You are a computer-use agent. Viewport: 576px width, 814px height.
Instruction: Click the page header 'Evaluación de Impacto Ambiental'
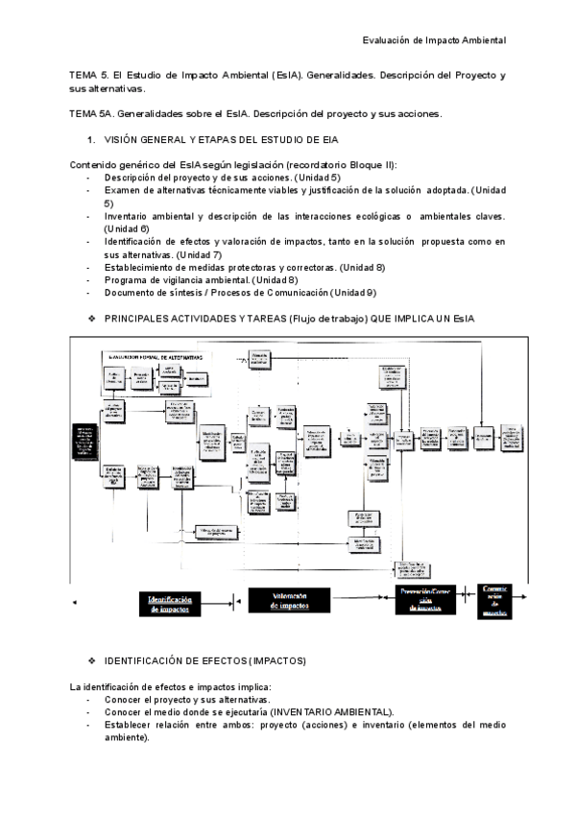(x=434, y=40)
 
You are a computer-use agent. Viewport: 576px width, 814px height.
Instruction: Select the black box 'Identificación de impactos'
(x=182, y=604)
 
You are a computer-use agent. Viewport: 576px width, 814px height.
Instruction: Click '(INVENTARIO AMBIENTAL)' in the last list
(x=330, y=712)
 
